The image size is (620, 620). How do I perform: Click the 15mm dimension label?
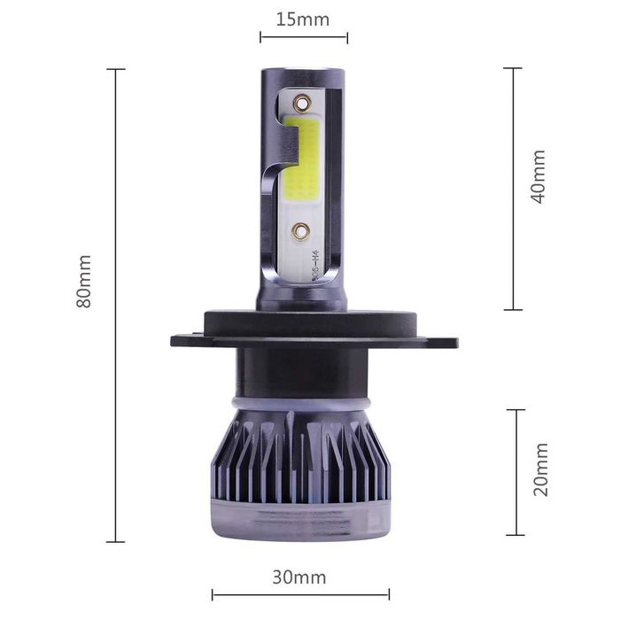(x=303, y=19)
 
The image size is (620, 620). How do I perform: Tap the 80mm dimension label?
(x=84, y=281)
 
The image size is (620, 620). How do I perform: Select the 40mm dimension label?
(x=538, y=176)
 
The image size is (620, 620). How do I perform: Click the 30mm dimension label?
(x=299, y=577)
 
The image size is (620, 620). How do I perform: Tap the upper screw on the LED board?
(x=302, y=103)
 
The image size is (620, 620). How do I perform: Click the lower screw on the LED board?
(x=301, y=232)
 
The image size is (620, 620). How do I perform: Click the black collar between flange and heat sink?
(x=301, y=372)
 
